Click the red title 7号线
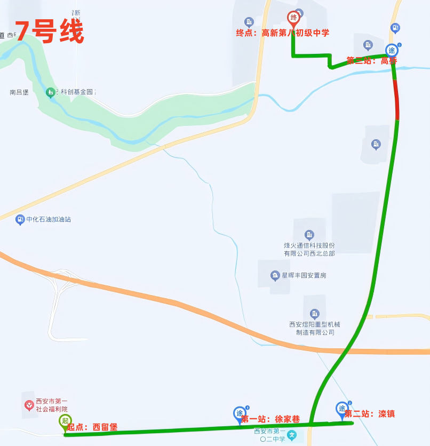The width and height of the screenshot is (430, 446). [x=49, y=32]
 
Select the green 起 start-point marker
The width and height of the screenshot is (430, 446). [x=65, y=421]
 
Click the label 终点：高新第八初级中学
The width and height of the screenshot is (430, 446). [x=282, y=33]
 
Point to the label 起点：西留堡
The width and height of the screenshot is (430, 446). [x=92, y=427]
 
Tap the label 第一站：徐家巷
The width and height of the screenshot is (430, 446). [x=270, y=419]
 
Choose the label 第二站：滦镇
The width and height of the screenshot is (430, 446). [x=370, y=413]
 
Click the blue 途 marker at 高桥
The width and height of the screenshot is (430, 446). [x=392, y=51]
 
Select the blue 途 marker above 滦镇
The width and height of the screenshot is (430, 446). [x=342, y=409]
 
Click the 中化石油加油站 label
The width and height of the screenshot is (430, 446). [x=49, y=219]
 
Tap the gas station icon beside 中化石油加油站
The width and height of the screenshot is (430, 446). [x=20, y=219]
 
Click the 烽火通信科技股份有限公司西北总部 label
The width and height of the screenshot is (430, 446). [x=309, y=249]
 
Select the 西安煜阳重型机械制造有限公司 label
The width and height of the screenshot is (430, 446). [x=315, y=328]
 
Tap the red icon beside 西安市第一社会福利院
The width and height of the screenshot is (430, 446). [x=29, y=405]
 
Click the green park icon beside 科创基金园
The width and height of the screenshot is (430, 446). [x=50, y=92]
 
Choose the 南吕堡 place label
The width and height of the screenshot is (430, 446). [x=19, y=92]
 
